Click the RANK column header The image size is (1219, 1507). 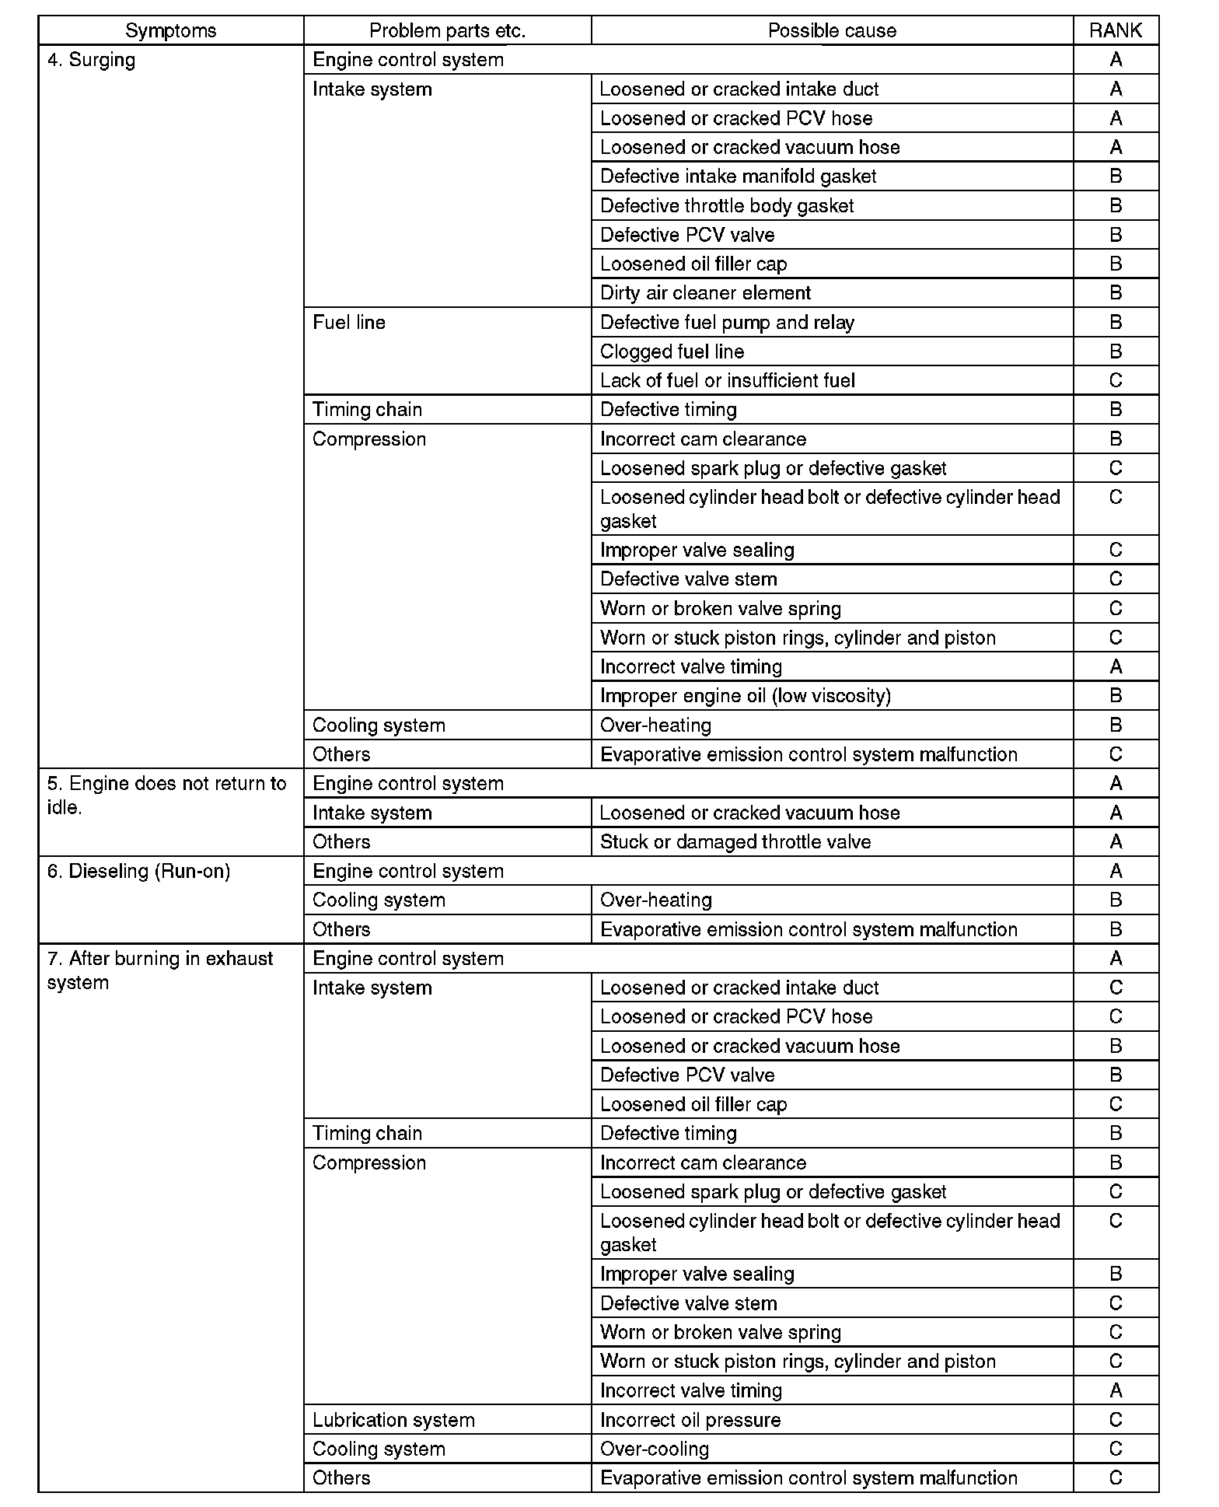pos(1115,30)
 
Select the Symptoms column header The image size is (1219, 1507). pos(170,30)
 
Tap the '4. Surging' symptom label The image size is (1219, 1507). pos(91,60)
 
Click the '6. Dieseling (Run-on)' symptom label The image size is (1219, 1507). pos(138,871)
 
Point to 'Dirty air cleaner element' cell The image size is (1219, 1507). pos(705,293)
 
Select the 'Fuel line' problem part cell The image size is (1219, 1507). pos(349,323)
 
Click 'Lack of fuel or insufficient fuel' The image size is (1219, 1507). pos(727,381)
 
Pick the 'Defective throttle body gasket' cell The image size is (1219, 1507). pos(727,206)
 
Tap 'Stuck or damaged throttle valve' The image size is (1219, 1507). pos(735,842)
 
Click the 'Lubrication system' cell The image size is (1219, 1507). pos(393,1420)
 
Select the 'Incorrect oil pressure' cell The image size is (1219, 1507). pos(690,1420)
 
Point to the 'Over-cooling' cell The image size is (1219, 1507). pos(655,1449)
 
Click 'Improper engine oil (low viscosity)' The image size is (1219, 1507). pos(745,695)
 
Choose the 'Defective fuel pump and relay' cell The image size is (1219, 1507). pos(727,323)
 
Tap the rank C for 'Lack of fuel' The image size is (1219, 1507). pos(1115,381)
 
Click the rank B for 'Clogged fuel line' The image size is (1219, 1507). pos(1115,351)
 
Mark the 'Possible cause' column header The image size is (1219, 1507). pos(831,30)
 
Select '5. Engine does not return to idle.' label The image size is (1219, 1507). pos(166,795)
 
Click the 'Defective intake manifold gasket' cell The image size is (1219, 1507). pos(738,177)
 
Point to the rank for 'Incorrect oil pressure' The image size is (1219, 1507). pos(1115,1420)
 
